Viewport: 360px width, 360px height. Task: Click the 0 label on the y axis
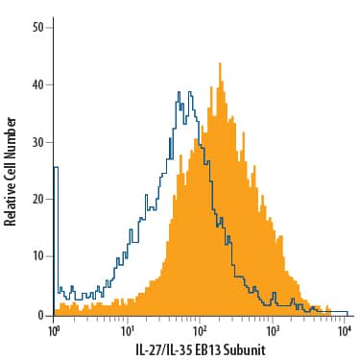(x=41, y=315)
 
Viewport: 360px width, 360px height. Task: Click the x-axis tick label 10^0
(x=55, y=331)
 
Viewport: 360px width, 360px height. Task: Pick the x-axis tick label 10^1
(x=128, y=331)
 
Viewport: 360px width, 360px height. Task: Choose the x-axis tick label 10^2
(x=201, y=331)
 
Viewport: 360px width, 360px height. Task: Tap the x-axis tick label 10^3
(x=274, y=331)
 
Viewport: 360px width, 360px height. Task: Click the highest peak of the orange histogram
(x=220, y=64)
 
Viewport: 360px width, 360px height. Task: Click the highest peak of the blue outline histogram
(x=180, y=92)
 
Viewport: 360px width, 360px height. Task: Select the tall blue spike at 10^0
(x=55, y=169)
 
